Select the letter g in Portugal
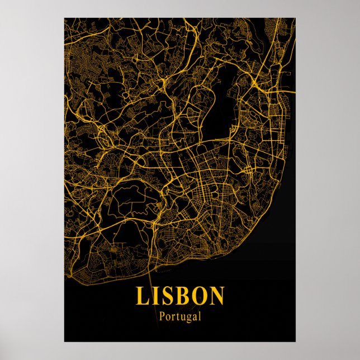click(x=186, y=318)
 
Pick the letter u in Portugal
click(x=181, y=317)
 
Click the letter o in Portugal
click(x=167, y=317)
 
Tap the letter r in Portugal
click(x=172, y=317)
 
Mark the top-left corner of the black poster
click(x=64, y=18)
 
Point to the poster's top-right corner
click(x=296, y=18)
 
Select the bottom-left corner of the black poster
click(x=64, y=342)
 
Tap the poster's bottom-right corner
click(x=296, y=342)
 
